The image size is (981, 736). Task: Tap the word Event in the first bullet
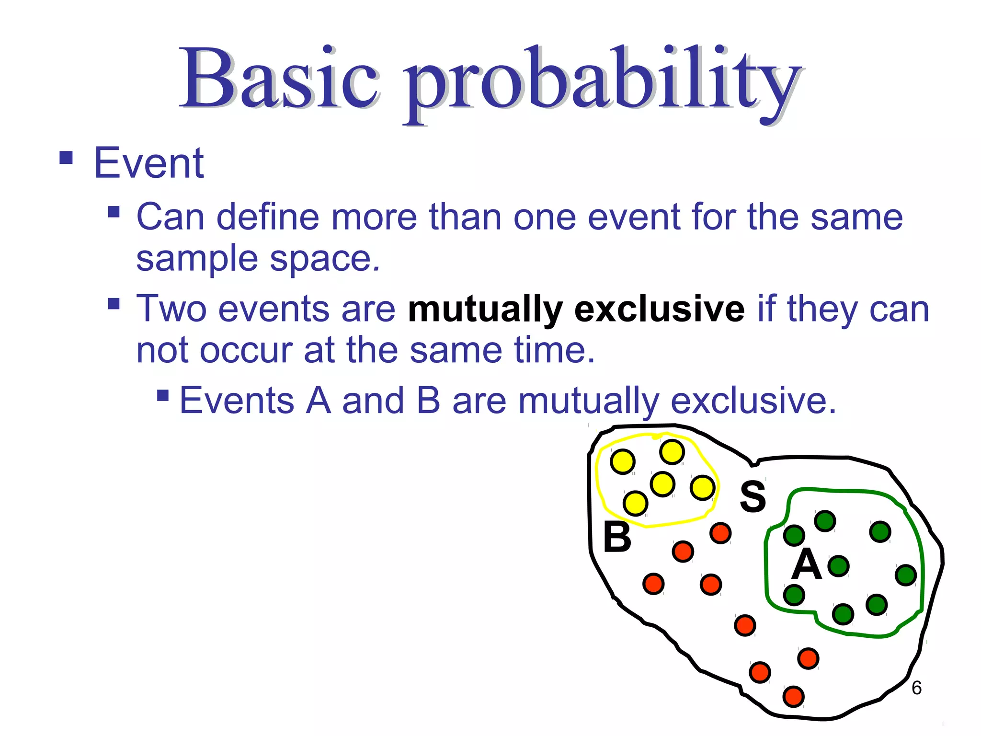149,163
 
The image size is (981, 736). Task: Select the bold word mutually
485,310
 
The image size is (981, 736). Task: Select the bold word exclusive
659,309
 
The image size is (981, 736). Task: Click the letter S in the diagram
753,496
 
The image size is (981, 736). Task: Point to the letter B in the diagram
617,537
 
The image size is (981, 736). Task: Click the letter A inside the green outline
806,564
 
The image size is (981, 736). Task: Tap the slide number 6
916,688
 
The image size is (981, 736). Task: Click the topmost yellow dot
672,452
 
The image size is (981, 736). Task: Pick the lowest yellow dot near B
636,503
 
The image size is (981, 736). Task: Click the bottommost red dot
793,696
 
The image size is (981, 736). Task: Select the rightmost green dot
905,575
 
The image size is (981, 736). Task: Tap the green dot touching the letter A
838,566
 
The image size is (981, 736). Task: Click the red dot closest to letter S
720,533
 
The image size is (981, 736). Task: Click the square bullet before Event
66,158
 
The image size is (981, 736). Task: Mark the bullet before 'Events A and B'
163,395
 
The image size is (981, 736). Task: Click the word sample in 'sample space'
197,259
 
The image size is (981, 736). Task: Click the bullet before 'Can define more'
114,212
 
